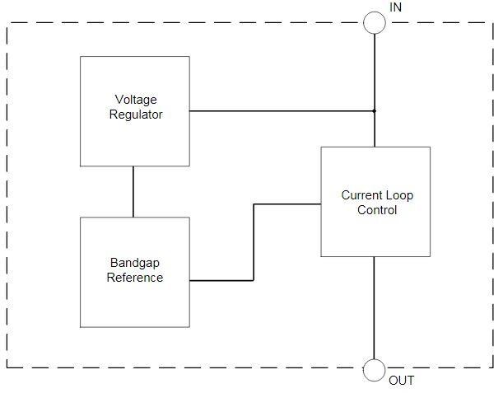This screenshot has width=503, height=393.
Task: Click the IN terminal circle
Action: (375, 22)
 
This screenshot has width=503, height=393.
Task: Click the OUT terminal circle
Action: (375, 371)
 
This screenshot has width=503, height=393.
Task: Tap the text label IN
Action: (396, 7)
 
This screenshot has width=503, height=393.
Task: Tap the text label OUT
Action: (401, 381)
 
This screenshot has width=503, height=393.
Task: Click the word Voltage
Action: (136, 101)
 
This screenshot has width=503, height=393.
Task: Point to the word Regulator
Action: (136, 115)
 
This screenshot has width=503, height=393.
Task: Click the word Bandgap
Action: (135, 264)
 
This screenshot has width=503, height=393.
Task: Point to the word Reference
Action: (135, 278)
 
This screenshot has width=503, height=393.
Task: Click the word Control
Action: (377, 210)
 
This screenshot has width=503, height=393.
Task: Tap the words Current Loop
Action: (377, 196)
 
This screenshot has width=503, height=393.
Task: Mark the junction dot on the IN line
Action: (375, 110)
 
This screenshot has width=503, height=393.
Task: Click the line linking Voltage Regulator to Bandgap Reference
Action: (133, 191)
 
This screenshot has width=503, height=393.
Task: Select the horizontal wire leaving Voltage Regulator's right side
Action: (280, 110)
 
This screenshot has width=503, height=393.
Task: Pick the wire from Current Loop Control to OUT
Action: (375, 308)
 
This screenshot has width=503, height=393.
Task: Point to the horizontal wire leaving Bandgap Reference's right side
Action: (221, 280)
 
